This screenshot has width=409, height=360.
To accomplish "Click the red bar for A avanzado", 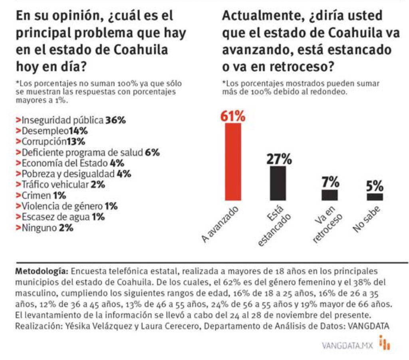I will (x=233, y=162).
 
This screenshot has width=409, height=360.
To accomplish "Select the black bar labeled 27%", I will (x=278, y=183).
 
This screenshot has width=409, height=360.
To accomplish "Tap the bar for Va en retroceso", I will (x=330, y=195).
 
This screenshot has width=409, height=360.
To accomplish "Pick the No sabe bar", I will (x=375, y=197).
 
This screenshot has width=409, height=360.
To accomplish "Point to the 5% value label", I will (x=375, y=186).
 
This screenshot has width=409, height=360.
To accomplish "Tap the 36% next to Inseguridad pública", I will (x=115, y=120).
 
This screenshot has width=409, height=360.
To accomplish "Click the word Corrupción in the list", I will (x=44, y=142).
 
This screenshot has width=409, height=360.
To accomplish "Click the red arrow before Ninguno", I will (x=18, y=228).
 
